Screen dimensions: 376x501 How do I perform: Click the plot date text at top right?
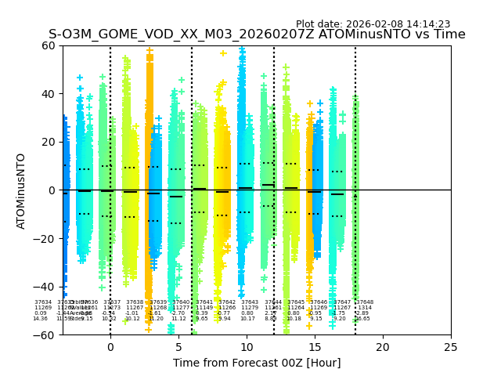point(373,24)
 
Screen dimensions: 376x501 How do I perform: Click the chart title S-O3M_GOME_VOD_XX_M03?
point(257,34)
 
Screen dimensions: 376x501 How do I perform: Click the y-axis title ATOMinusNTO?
point(21,190)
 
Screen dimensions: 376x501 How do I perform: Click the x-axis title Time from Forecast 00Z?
point(257,363)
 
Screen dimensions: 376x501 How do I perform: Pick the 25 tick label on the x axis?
point(451,346)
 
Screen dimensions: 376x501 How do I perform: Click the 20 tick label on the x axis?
point(383,346)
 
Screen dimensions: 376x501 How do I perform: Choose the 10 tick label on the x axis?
point(247,346)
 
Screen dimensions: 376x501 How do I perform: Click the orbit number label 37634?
point(43,302)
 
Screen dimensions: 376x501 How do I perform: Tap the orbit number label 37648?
point(365,302)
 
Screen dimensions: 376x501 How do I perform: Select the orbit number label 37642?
point(227,302)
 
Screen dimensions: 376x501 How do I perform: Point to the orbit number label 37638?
point(135,302)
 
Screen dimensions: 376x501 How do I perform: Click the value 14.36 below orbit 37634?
point(41,319)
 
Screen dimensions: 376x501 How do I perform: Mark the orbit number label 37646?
point(319,302)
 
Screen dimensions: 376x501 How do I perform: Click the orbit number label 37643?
point(250,302)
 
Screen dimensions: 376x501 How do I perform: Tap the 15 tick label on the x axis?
point(315,346)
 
